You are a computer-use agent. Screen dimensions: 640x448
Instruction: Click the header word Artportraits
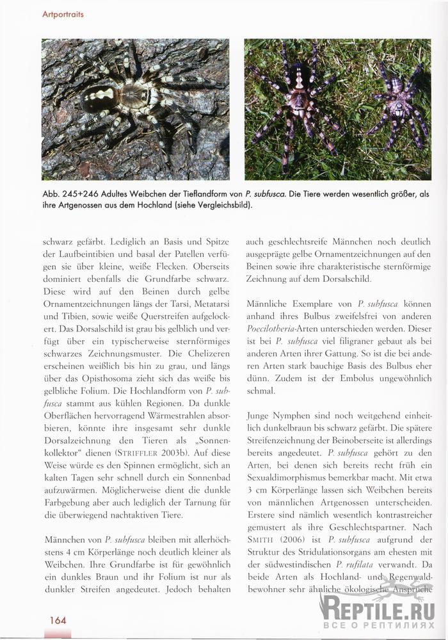click(63, 13)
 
